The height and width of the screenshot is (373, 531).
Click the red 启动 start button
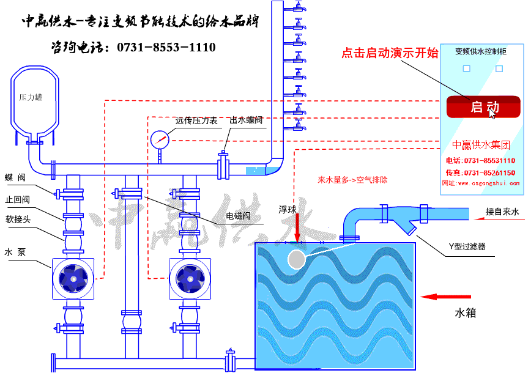pos(483,107)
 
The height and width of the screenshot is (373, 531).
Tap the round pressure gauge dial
pos(159,139)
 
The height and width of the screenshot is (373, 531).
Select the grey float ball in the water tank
pos(296,260)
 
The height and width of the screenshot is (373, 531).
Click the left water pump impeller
pos(73,279)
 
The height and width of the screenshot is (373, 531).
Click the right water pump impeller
pos(190,279)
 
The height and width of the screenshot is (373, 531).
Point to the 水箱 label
pos(465,313)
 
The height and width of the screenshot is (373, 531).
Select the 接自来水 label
pos(502,212)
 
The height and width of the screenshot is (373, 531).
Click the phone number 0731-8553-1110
pos(165,47)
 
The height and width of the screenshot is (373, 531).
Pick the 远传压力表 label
pos(196,120)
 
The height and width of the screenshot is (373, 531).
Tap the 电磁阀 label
pos(237,216)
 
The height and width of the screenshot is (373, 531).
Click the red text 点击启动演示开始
pos(390,53)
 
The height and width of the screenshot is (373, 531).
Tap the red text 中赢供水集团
pos(481,146)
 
